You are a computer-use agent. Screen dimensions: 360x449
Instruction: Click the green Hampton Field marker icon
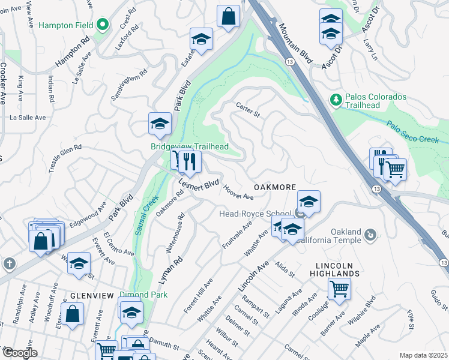click(103, 25)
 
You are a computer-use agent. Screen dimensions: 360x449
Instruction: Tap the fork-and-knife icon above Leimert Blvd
click(190, 160)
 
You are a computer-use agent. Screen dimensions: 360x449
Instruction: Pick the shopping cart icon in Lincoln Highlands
click(339, 289)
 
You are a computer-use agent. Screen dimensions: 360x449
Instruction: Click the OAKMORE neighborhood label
click(274, 188)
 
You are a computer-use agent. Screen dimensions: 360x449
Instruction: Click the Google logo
click(19, 353)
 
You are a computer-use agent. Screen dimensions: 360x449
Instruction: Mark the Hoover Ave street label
click(239, 192)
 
